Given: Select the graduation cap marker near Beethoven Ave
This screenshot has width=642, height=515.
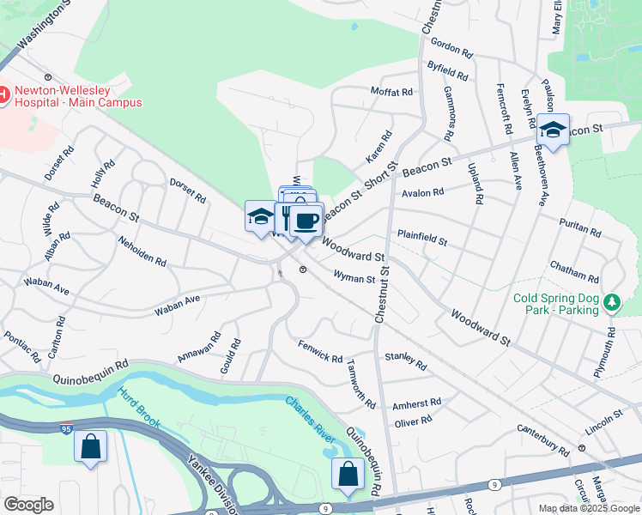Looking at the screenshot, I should pyautogui.click(x=554, y=131).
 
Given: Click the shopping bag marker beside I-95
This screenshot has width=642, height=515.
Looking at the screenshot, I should pyautogui.click(x=90, y=447).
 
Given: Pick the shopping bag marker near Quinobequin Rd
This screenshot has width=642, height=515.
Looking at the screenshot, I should pyautogui.click(x=348, y=476).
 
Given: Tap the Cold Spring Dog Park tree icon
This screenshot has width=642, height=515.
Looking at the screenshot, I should pyautogui.click(x=611, y=301).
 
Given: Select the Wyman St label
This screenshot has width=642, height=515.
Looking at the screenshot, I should pyautogui.click(x=354, y=278).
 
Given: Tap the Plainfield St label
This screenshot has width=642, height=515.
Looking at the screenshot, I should pyautogui.click(x=421, y=237).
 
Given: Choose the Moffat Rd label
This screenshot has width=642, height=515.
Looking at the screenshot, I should pyautogui.click(x=391, y=91).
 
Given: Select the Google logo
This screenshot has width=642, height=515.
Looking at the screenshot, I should pyautogui.click(x=28, y=505).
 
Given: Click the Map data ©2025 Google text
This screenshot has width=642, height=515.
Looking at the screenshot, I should pyautogui.click(x=588, y=507).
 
